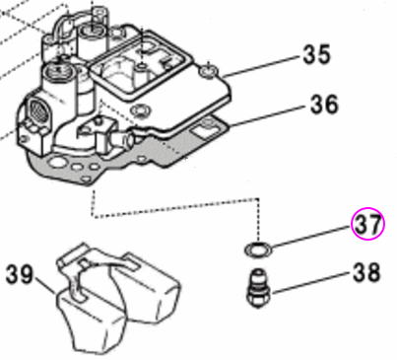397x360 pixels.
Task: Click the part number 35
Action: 316,55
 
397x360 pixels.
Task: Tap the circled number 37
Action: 367,224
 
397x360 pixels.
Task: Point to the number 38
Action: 366,274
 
